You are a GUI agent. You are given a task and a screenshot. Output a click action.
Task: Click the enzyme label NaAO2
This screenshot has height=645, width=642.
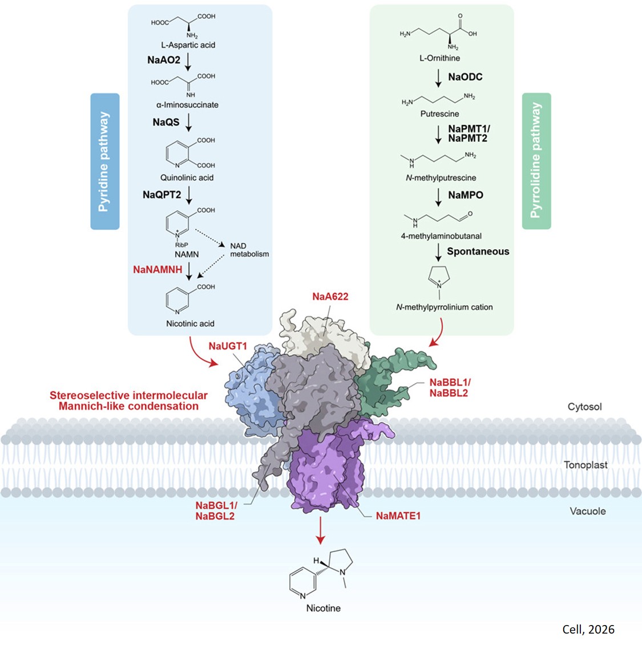164,60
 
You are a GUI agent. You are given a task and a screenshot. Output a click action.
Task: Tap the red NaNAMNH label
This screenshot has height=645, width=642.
158,269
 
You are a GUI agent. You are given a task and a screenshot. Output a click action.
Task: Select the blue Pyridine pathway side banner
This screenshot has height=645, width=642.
104,161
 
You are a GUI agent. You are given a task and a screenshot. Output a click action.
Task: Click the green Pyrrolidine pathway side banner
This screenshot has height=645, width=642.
536,161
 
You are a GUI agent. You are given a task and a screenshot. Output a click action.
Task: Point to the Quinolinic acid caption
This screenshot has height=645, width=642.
187,178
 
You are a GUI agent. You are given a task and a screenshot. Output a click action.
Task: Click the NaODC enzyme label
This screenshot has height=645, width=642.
465,77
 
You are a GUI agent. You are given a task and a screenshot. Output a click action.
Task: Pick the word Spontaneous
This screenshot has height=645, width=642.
478,251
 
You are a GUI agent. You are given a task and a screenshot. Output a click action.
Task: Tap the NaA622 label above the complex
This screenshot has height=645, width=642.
330,297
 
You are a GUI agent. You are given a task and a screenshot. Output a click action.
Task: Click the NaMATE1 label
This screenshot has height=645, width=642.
398,516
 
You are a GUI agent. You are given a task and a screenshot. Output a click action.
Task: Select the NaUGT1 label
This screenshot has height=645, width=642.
228,346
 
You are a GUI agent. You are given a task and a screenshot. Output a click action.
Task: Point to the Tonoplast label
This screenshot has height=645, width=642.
586,465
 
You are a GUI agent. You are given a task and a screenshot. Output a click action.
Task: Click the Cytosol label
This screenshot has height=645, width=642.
584,407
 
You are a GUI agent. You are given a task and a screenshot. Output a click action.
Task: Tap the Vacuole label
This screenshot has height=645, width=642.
587,512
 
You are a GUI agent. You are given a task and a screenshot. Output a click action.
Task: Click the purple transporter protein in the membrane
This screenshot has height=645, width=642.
325,468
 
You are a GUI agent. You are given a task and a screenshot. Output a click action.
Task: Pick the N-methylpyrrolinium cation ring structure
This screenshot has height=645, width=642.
439,278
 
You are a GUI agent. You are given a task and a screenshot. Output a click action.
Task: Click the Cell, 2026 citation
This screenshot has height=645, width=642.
588,630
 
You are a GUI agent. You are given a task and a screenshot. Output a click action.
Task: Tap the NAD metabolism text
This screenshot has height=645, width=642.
249,250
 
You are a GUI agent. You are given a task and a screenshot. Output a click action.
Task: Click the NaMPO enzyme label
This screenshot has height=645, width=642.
465,195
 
